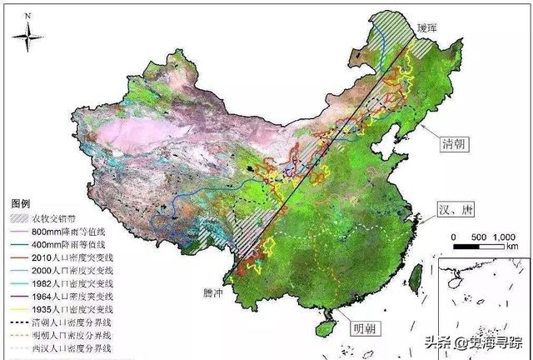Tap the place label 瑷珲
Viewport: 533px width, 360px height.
click(x=440, y=28)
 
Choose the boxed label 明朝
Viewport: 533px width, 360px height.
click(x=364, y=326)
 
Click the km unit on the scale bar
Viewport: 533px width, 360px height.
click(x=511, y=247)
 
